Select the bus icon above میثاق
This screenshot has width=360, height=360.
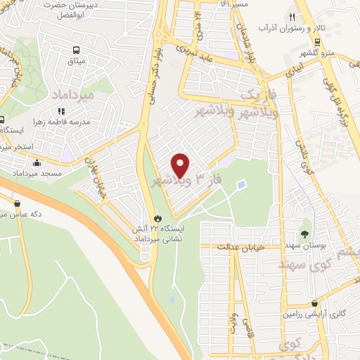(x=77, y=50)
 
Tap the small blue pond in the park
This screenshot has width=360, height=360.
(x=242, y=185)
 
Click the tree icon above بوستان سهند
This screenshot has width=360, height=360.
(x=305, y=234)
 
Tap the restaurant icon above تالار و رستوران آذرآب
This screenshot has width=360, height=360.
(x=292, y=18)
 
